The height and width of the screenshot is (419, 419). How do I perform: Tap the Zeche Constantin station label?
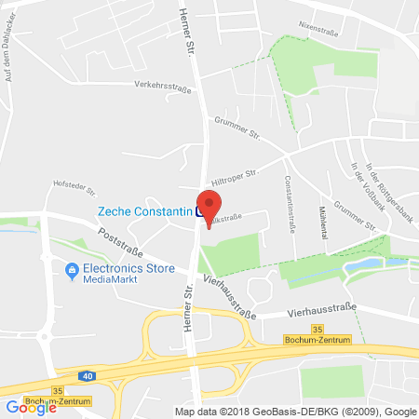click(x=144, y=211)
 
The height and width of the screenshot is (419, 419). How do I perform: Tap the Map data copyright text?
click(x=293, y=412)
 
